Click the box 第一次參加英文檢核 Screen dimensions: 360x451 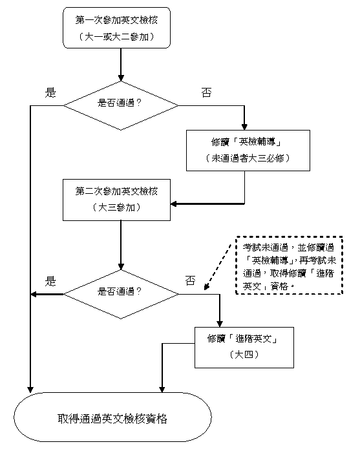point(116,28)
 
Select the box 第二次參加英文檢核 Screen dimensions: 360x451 point(116,200)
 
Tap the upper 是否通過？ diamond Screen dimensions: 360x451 point(121,105)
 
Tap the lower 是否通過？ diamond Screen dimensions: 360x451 point(121,294)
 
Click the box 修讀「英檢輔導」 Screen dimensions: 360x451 point(248,151)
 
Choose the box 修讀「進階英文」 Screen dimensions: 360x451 point(244,348)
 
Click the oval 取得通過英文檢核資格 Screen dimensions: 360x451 point(112,417)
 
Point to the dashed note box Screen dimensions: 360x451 point(289,265)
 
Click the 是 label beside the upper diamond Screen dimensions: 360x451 point(50,92)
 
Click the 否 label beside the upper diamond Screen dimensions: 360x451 point(207,92)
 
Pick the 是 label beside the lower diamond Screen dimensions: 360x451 point(50,281)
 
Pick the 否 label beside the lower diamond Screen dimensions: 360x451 point(191,280)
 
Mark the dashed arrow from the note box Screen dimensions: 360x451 point(218,267)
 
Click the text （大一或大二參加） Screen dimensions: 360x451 point(116,37)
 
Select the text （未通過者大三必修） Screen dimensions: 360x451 point(248,158)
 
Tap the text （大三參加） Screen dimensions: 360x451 point(116,207)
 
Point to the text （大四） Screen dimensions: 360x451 point(244,355)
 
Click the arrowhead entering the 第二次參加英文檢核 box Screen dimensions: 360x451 point(173,204)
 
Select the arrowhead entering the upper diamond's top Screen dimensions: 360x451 point(121,78)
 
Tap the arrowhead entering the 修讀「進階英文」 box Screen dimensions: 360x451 point(220,324)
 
